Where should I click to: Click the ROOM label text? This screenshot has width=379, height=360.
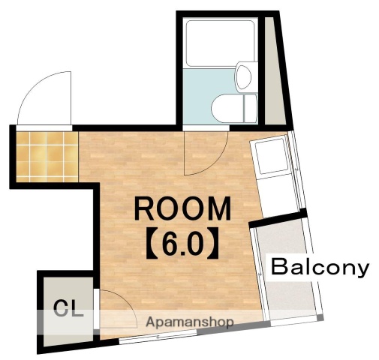(182, 208)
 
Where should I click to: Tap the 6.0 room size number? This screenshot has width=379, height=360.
(182, 244)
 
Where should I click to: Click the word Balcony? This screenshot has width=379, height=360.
(320, 268)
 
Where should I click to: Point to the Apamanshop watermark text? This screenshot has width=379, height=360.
(190, 322)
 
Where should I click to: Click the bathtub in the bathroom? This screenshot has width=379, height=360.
(220, 43)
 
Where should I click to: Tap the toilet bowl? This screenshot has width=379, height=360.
(227, 109)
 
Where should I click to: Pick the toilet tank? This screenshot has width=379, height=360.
(250, 108)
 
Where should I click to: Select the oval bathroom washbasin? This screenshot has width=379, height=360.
(243, 76)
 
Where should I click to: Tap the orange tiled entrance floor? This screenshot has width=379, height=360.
(47, 157)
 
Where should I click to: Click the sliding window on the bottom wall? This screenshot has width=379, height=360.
(158, 337)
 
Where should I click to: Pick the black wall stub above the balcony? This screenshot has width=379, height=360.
(278, 218)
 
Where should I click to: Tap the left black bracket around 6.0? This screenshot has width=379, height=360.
(152, 243)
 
